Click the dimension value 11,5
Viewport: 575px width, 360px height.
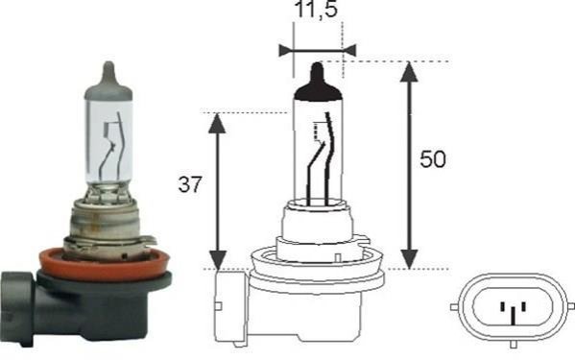(x=316, y=10)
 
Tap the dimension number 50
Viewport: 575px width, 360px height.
(x=433, y=159)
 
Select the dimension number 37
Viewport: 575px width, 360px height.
(x=190, y=184)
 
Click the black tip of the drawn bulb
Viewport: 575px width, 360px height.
(x=318, y=83)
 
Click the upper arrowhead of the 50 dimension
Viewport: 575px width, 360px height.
(x=409, y=72)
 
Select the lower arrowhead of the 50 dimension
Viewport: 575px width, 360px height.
(x=409, y=259)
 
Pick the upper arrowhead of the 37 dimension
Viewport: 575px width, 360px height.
(x=217, y=123)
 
